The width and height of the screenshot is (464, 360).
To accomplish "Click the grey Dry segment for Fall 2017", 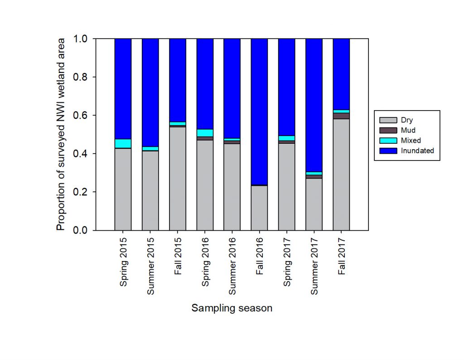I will click(x=341, y=175).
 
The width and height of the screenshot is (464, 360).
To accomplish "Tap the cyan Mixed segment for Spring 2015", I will click(x=123, y=143).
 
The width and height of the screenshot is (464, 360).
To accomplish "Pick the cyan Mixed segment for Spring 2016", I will click(x=205, y=133).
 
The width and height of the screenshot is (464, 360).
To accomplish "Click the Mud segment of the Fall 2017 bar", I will click(x=341, y=116).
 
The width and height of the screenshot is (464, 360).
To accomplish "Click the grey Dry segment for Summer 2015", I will click(x=150, y=190).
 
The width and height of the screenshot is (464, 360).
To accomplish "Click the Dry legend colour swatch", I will click(x=388, y=121).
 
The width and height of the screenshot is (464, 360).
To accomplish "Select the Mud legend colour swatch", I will click(x=388, y=131).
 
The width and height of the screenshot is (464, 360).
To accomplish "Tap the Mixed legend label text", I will click(x=411, y=141).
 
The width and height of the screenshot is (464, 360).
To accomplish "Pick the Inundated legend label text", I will click(x=417, y=151).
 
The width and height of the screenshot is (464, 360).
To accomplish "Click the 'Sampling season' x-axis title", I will click(x=232, y=308).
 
